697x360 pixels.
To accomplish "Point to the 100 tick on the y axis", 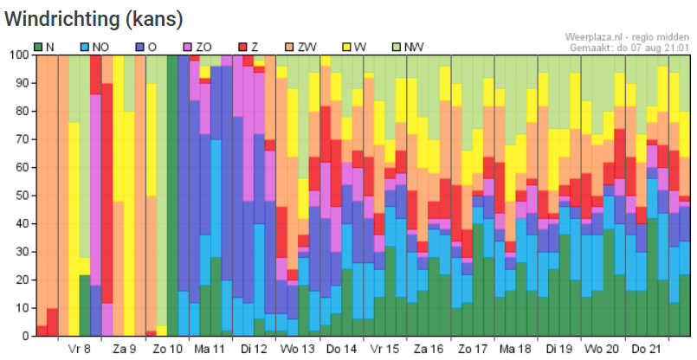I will pos(17,55).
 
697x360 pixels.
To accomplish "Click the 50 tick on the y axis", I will pos(20,196).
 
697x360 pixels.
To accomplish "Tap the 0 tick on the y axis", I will pos(23,336).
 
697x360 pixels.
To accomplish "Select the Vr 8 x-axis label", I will pos(80,350).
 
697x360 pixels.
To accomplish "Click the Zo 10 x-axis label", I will pos(166,350).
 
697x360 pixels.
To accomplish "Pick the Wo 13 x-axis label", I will pos(297,350).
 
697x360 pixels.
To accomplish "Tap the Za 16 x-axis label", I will pos(428,350).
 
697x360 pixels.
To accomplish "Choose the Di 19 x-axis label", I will pos(558,350).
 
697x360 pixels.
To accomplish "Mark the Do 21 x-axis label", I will pos(646,350).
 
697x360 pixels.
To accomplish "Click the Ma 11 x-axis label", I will pos(210,350).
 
